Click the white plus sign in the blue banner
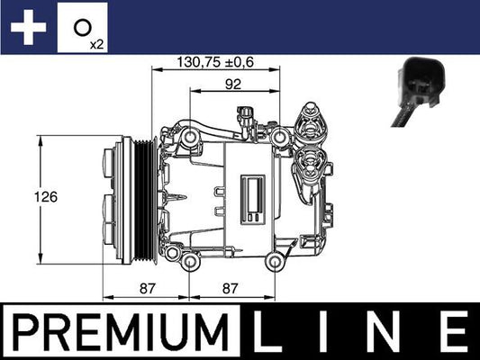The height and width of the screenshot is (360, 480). (28, 28)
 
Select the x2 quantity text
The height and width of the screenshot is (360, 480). (98, 42)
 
